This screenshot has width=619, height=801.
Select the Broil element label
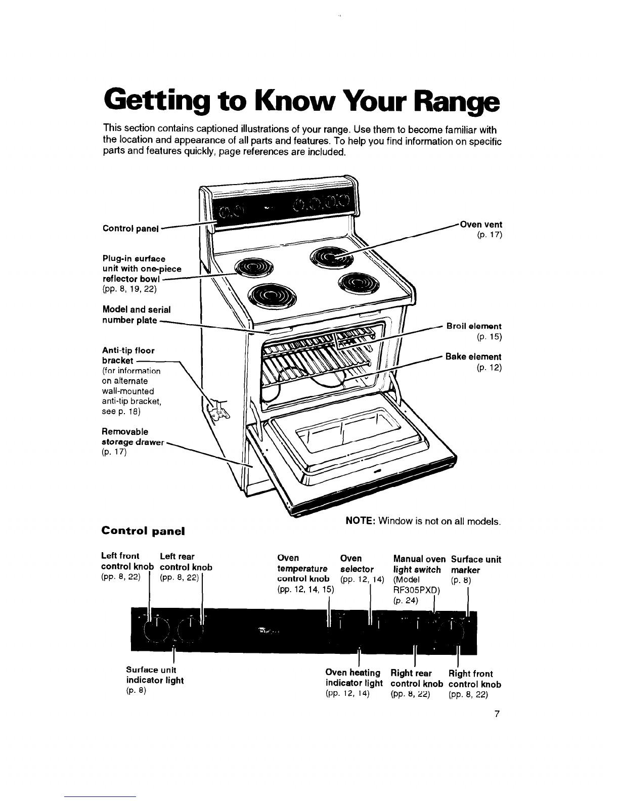tap(474, 327)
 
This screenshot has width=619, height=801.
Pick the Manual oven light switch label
tap(419, 564)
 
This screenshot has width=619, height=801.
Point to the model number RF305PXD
tap(416, 590)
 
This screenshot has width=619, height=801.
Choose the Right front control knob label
tap(474, 679)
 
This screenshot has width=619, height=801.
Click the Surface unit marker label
tap(475, 564)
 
